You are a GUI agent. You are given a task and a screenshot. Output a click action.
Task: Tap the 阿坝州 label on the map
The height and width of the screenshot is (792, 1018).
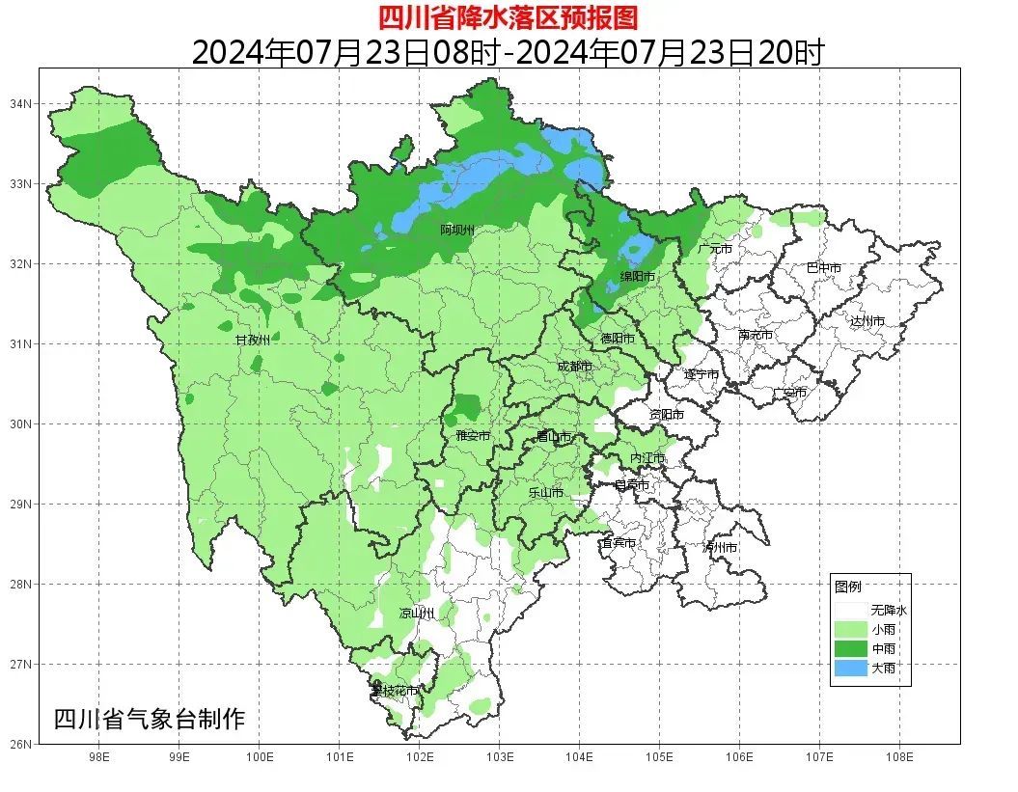point(457,230)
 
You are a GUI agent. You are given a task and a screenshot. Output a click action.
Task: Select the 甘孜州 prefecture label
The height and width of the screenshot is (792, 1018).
point(253,341)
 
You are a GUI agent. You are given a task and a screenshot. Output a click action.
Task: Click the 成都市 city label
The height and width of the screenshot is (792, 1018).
point(575,367)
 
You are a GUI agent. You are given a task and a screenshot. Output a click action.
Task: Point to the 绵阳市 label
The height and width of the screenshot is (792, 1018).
point(638,277)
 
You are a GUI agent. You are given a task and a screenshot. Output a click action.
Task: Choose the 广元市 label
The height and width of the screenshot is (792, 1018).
point(715,249)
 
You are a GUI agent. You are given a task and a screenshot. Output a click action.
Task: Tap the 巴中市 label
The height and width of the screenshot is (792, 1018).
point(823,267)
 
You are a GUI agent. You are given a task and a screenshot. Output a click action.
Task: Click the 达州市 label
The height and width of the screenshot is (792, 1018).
point(867,321)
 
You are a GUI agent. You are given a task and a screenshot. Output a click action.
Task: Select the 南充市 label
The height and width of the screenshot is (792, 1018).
point(756,336)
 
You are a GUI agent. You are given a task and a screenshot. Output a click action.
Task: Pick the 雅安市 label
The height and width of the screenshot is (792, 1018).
point(473,436)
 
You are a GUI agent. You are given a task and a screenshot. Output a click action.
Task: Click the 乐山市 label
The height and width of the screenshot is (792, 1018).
point(546,492)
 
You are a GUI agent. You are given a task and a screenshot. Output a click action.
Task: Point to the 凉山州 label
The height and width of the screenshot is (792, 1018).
point(417,613)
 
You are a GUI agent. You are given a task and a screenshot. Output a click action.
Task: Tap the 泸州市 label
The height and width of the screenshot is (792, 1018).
point(719,547)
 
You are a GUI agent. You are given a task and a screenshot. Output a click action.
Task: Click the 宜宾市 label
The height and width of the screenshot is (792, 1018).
point(618,543)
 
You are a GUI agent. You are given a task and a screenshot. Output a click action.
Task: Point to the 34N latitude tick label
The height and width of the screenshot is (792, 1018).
point(22,103)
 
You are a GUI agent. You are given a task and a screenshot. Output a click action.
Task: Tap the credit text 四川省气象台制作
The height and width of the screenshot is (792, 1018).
point(150,719)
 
